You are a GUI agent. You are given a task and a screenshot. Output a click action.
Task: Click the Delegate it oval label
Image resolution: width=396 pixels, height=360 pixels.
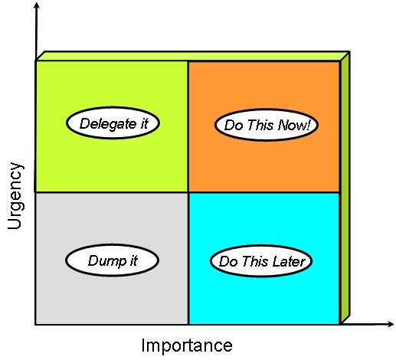tap(113, 123)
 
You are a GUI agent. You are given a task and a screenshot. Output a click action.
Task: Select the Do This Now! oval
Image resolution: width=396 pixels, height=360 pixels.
tap(266, 124)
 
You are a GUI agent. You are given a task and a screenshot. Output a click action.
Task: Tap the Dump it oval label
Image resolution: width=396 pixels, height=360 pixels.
tap(112, 260)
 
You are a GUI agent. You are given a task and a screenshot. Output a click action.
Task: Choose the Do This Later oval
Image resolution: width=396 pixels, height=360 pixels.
tap(262, 261)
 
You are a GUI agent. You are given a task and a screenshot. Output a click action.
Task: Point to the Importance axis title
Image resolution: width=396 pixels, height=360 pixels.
tap(187, 345)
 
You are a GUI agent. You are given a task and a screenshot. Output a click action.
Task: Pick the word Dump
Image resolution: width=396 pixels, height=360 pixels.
tap(104, 260)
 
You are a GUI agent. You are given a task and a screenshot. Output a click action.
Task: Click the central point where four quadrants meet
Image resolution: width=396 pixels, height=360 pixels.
tap(188, 192)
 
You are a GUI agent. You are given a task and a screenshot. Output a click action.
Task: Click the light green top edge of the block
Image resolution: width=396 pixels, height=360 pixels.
tap(191, 56)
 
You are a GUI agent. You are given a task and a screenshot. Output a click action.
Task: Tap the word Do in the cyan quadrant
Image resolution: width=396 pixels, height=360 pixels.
tap(227, 261)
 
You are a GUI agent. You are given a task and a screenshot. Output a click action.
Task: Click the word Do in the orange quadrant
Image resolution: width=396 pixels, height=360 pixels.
tap(231, 124)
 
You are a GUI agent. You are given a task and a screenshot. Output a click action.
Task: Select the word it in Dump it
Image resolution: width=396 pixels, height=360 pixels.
tap(133, 260)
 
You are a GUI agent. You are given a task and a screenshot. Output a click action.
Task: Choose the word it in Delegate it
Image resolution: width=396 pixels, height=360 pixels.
tap(143, 123)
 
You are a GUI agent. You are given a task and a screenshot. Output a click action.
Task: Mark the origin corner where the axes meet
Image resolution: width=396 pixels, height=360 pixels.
tap(36, 324)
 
